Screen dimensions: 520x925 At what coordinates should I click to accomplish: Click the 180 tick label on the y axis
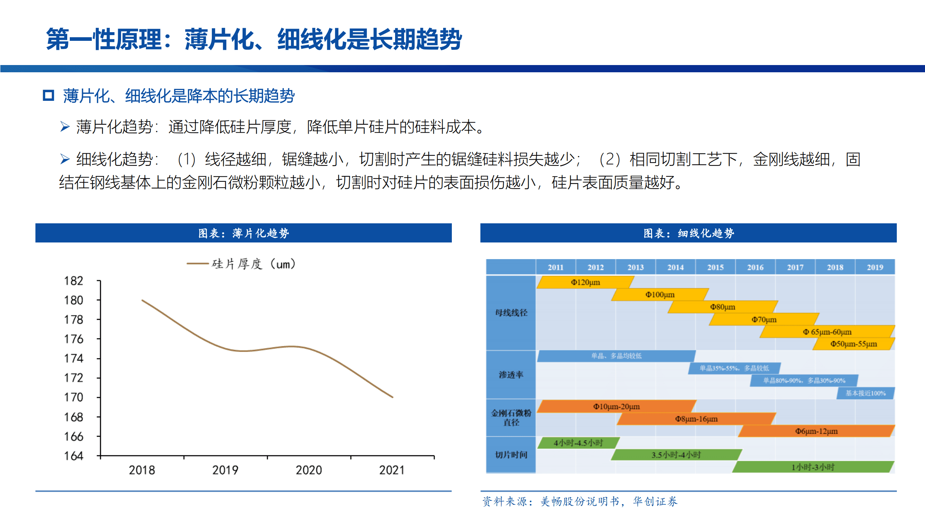pyautogui.click(x=73, y=300)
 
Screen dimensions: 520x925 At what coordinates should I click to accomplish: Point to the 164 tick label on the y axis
pyautogui.click(x=73, y=456)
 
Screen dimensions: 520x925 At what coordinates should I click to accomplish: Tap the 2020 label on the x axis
pyautogui.click(x=309, y=470)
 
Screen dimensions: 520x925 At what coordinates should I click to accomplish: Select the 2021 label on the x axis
pyautogui.click(x=392, y=470)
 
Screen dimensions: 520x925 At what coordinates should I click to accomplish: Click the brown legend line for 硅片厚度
pyautogui.click(x=197, y=264)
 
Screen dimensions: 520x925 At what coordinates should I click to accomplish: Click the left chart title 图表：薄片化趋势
pyautogui.click(x=243, y=233)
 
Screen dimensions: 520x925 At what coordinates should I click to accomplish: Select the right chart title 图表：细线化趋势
pyautogui.click(x=688, y=233)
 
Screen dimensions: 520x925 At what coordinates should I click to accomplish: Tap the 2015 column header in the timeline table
pyautogui.click(x=715, y=267)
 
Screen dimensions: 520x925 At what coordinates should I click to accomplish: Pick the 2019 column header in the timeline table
pyautogui.click(x=874, y=267)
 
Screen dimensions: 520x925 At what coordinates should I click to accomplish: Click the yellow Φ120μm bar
pyautogui.click(x=585, y=282)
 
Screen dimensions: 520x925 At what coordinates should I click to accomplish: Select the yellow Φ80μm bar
pyautogui.click(x=722, y=307)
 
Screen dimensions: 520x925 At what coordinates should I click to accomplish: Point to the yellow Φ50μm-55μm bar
pyautogui.click(x=853, y=344)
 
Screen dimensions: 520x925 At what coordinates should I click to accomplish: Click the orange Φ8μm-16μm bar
pyautogui.click(x=696, y=419)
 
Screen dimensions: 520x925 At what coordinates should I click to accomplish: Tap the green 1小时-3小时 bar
pyautogui.click(x=813, y=467)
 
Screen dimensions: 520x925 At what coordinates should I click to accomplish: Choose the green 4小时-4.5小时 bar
pyautogui.click(x=578, y=443)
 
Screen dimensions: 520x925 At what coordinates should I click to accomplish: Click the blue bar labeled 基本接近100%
pyautogui.click(x=865, y=393)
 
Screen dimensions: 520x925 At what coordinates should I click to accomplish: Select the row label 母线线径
pyautogui.click(x=511, y=313)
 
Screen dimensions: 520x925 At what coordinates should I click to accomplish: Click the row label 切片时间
pyautogui.click(x=511, y=455)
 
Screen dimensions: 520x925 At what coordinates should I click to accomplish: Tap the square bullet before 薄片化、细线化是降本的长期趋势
pyautogui.click(x=48, y=96)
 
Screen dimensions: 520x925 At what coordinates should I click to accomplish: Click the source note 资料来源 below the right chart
pyautogui.click(x=580, y=502)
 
